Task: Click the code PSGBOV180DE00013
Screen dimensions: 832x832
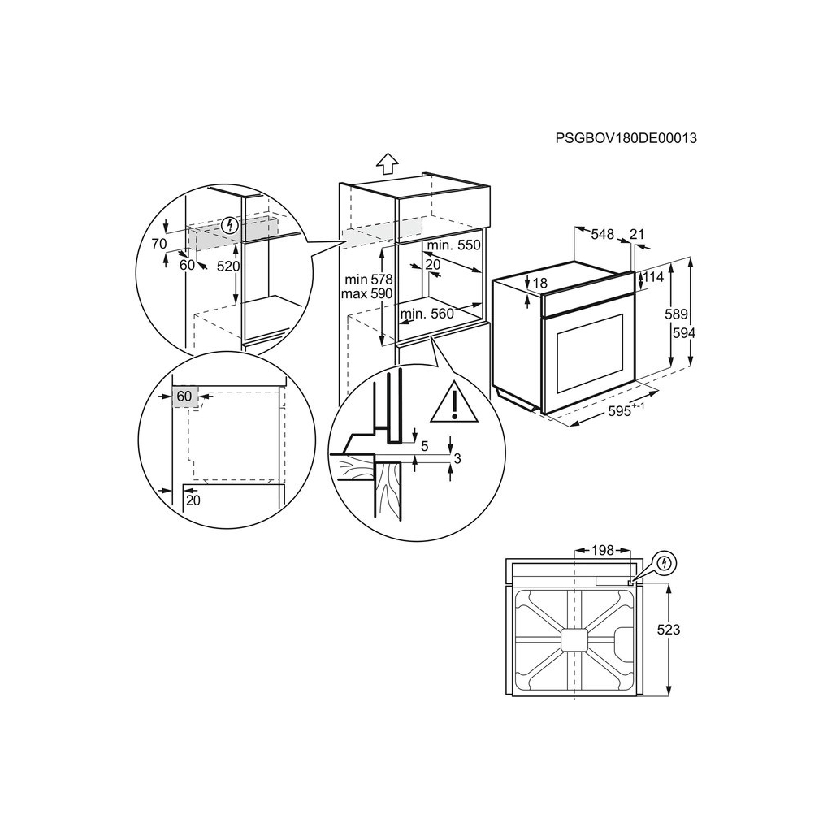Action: [626, 138]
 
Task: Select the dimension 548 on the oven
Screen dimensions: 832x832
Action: [602, 234]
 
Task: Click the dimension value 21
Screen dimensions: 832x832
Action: [637, 234]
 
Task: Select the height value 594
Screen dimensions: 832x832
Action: [684, 332]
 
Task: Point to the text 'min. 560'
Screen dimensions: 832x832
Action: [426, 314]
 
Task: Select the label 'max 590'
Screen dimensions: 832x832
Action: [366, 293]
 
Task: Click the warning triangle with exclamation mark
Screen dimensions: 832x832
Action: [455, 404]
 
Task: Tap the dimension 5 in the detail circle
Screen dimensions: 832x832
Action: [425, 445]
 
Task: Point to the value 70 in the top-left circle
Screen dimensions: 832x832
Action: [158, 243]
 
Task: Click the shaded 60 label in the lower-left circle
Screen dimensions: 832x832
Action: [184, 396]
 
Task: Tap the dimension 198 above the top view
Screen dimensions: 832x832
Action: [602, 551]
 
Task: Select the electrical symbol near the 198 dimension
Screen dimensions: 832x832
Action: [665, 561]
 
